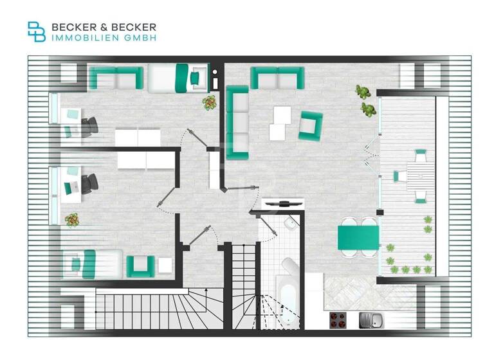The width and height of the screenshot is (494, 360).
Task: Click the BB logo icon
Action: click(x=37, y=32)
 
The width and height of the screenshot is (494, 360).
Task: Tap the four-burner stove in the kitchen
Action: click(x=338, y=319)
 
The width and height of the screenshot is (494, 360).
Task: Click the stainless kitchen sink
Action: click(x=369, y=319)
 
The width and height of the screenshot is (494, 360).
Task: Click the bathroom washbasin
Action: click(x=291, y=224)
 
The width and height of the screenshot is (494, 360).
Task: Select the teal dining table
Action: click(x=358, y=237)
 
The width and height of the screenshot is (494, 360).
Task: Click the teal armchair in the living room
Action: click(x=310, y=125)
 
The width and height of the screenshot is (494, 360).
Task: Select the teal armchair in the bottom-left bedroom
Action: click(x=140, y=265)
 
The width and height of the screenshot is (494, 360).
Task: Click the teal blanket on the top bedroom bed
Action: click(x=183, y=78)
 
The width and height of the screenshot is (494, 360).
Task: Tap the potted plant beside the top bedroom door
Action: click(x=210, y=102)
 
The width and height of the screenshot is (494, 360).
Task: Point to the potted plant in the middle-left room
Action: click(x=72, y=219)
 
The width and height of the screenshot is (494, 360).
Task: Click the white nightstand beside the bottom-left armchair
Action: click(x=165, y=265)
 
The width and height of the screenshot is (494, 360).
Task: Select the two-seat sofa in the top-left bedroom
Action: click(x=116, y=78)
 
